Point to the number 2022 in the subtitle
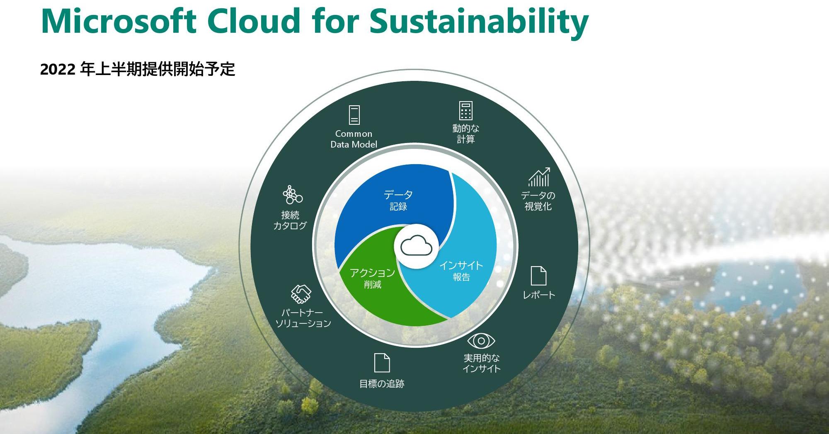58,69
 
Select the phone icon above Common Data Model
354,115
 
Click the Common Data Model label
354,139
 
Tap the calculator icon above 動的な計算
465,111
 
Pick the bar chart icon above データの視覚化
539,177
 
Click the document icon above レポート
538,276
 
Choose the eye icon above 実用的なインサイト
481,341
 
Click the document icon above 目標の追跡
382,363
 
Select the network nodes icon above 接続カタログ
292,194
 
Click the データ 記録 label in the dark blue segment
398,200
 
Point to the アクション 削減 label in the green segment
372,278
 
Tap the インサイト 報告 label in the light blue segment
461,271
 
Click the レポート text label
539,295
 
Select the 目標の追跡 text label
382,384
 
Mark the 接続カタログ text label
290,220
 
